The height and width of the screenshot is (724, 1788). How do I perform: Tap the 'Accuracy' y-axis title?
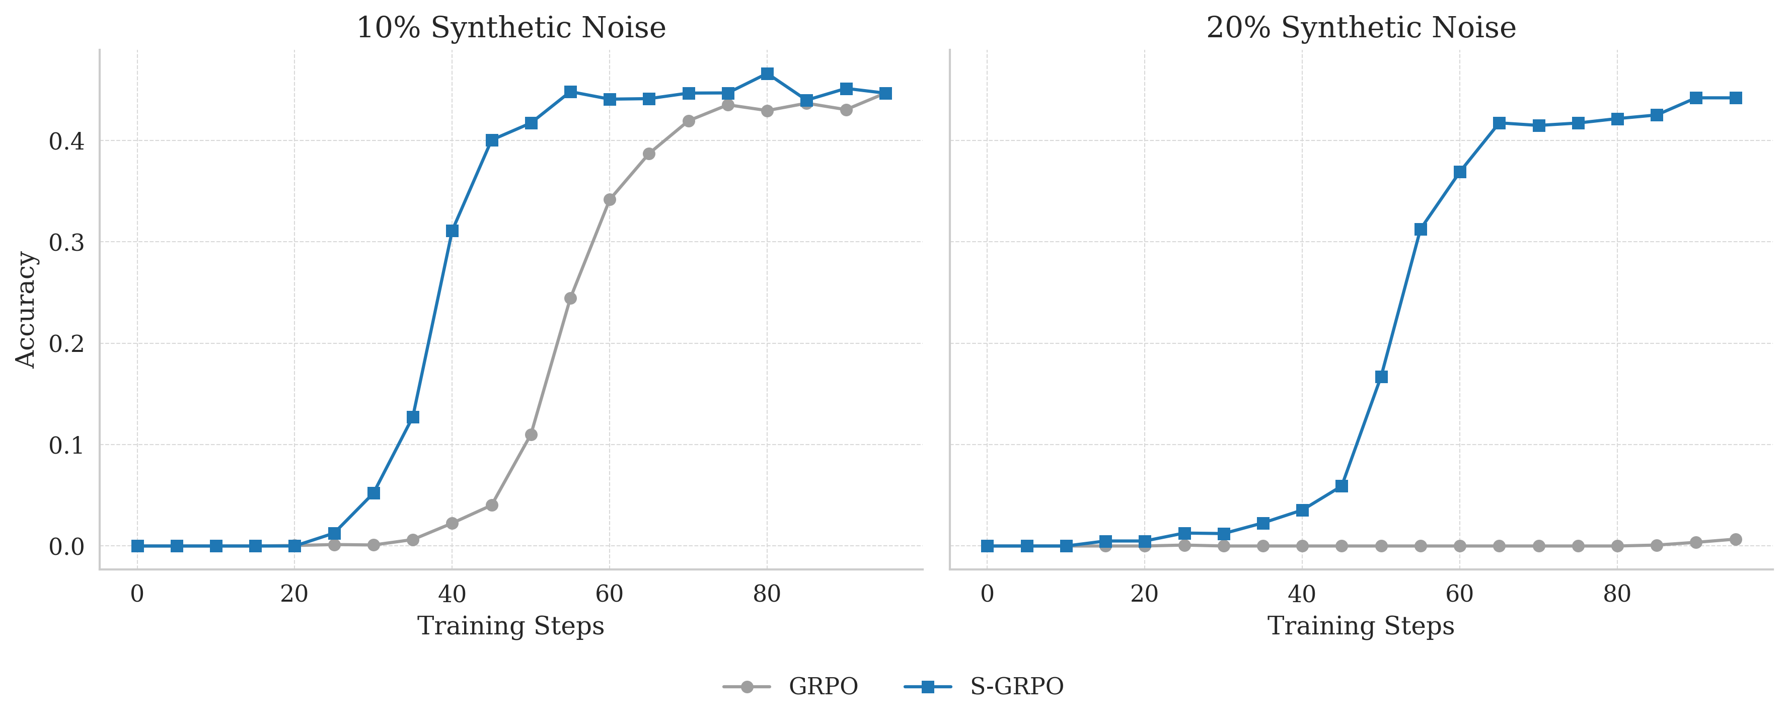(x=26, y=310)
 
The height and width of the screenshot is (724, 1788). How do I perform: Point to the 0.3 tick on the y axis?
(x=66, y=242)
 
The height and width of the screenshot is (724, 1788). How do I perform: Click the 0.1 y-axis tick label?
(x=66, y=445)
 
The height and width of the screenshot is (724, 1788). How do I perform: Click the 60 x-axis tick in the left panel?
(x=610, y=594)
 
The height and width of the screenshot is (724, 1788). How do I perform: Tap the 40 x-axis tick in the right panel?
(x=1301, y=594)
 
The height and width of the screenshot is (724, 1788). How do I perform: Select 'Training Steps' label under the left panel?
(x=511, y=626)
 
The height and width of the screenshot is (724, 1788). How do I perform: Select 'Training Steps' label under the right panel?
(x=1361, y=626)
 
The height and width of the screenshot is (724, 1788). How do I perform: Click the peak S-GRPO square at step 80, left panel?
(x=767, y=74)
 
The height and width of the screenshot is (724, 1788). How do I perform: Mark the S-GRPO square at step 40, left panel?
(x=452, y=231)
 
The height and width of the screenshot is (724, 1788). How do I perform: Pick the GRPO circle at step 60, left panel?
(x=610, y=200)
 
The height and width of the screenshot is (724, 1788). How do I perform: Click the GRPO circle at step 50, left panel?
(x=531, y=435)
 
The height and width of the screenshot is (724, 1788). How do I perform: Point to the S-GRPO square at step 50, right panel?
(x=1381, y=377)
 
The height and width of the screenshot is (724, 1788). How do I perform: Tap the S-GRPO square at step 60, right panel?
(x=1460, y=172)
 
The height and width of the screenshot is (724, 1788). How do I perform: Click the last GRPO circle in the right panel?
(x=1735, y=539)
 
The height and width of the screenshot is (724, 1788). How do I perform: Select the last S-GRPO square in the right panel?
(x=1735, y=98)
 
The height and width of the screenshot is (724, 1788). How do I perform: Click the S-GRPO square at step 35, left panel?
(x=413, y=417)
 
